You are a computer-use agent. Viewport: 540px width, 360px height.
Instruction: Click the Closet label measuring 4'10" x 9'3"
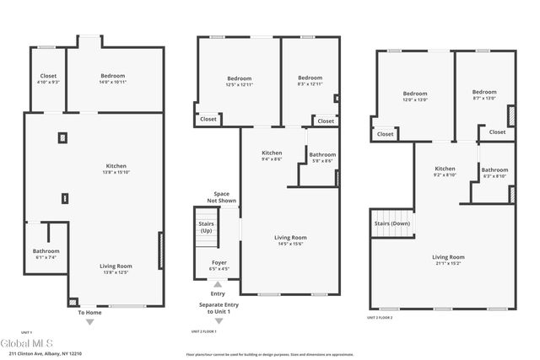click(48, 78)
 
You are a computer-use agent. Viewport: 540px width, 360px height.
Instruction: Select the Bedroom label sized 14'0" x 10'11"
click(112, 78)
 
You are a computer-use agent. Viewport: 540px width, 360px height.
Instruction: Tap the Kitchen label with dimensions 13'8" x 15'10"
click(116, 169)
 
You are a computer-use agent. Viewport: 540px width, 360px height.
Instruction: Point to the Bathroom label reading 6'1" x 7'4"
click(46, 254)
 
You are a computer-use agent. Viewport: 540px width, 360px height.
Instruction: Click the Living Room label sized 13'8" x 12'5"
click(116, 269)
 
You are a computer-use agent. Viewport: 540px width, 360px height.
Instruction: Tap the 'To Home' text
click(89, 313)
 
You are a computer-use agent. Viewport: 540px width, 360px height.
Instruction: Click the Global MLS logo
click(28, 343)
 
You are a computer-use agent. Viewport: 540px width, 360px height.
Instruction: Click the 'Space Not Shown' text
click(221, 196)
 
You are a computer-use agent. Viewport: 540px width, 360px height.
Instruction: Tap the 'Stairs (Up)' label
click(206, 227)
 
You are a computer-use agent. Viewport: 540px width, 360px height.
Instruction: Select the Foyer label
click(218, 266)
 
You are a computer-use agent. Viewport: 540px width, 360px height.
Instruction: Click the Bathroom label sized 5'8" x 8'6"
click(321, 158)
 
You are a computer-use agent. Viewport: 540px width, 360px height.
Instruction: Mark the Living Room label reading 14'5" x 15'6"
click(289, 240)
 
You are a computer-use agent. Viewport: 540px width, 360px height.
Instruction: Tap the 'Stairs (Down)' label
click(391, 223)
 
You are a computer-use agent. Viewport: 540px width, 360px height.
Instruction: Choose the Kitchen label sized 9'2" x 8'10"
click(445, 171)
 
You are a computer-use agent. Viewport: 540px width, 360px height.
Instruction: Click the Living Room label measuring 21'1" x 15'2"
click(448, 260)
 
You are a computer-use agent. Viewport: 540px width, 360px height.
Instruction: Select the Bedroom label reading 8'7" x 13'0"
click(484, 95)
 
